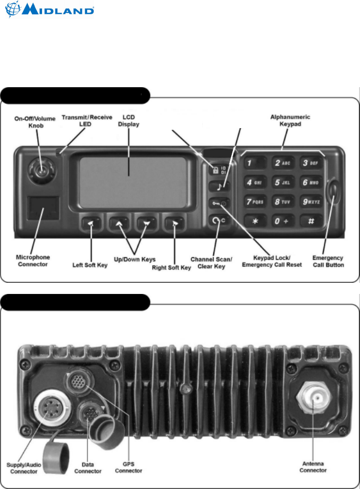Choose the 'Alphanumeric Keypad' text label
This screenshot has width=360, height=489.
294,120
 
